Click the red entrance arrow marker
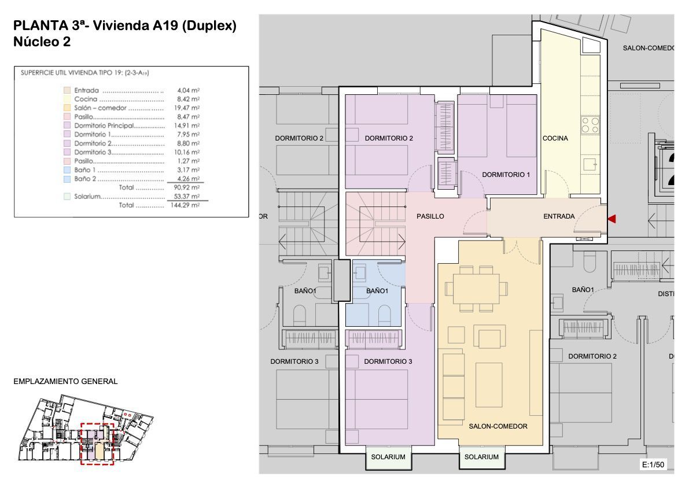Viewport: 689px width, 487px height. [612, 219]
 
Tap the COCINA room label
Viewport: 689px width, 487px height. [555, 138]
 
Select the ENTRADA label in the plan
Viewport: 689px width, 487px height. [559, 216]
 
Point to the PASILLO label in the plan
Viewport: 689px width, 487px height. [430, 216]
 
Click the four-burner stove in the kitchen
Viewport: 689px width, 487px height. [590, 125]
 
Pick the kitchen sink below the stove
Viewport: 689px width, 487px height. [590, 165]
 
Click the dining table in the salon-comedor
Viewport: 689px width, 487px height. [476, 289]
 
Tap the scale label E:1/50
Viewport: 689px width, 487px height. [653, 464]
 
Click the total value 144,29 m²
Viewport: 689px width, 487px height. [185, 205]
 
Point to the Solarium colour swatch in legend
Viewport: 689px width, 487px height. [67, 197]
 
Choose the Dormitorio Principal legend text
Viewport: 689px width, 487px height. [104, 126]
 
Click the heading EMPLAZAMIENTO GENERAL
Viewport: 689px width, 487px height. [65, 381]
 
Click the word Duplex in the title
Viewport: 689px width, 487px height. [209, 25]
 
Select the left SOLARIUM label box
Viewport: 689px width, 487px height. [388, 457]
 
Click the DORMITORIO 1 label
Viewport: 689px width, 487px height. [506, 175]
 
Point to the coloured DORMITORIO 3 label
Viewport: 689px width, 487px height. [388, 361]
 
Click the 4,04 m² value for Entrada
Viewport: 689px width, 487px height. [188, 90]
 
